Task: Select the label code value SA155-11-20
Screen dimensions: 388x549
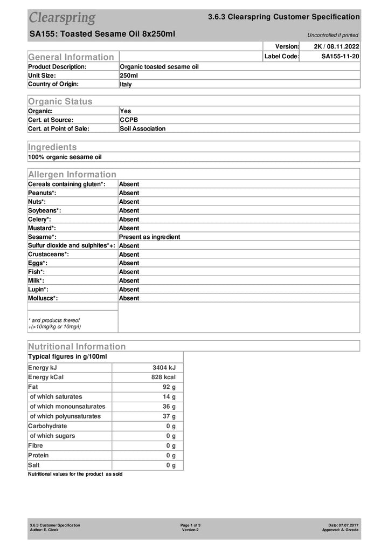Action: pos(340,57)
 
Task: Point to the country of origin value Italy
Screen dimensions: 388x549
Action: pos(126,85)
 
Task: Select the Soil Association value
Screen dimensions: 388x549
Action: pos(142,129)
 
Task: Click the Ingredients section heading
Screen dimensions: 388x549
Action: pos(52,147)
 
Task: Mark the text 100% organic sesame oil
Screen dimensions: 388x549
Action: pos(65,157)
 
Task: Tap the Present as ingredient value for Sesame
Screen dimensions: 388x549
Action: pos(149,237)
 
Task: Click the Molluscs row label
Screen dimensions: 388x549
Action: pos(43,298)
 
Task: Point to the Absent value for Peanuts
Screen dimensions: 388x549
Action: pos(129,193)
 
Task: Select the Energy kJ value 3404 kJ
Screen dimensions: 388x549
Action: pos(164,368)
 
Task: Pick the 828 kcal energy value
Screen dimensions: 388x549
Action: pos(163,378)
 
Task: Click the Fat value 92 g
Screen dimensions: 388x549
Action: pos(169,387)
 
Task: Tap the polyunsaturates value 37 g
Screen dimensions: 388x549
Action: pos(169,416)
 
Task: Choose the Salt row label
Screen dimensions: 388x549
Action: pos(34,465)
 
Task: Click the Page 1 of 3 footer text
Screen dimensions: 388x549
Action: pos(190,525)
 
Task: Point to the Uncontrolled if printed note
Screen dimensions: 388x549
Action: pos(332,35)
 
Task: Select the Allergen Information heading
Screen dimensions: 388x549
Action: pos(72,174)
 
